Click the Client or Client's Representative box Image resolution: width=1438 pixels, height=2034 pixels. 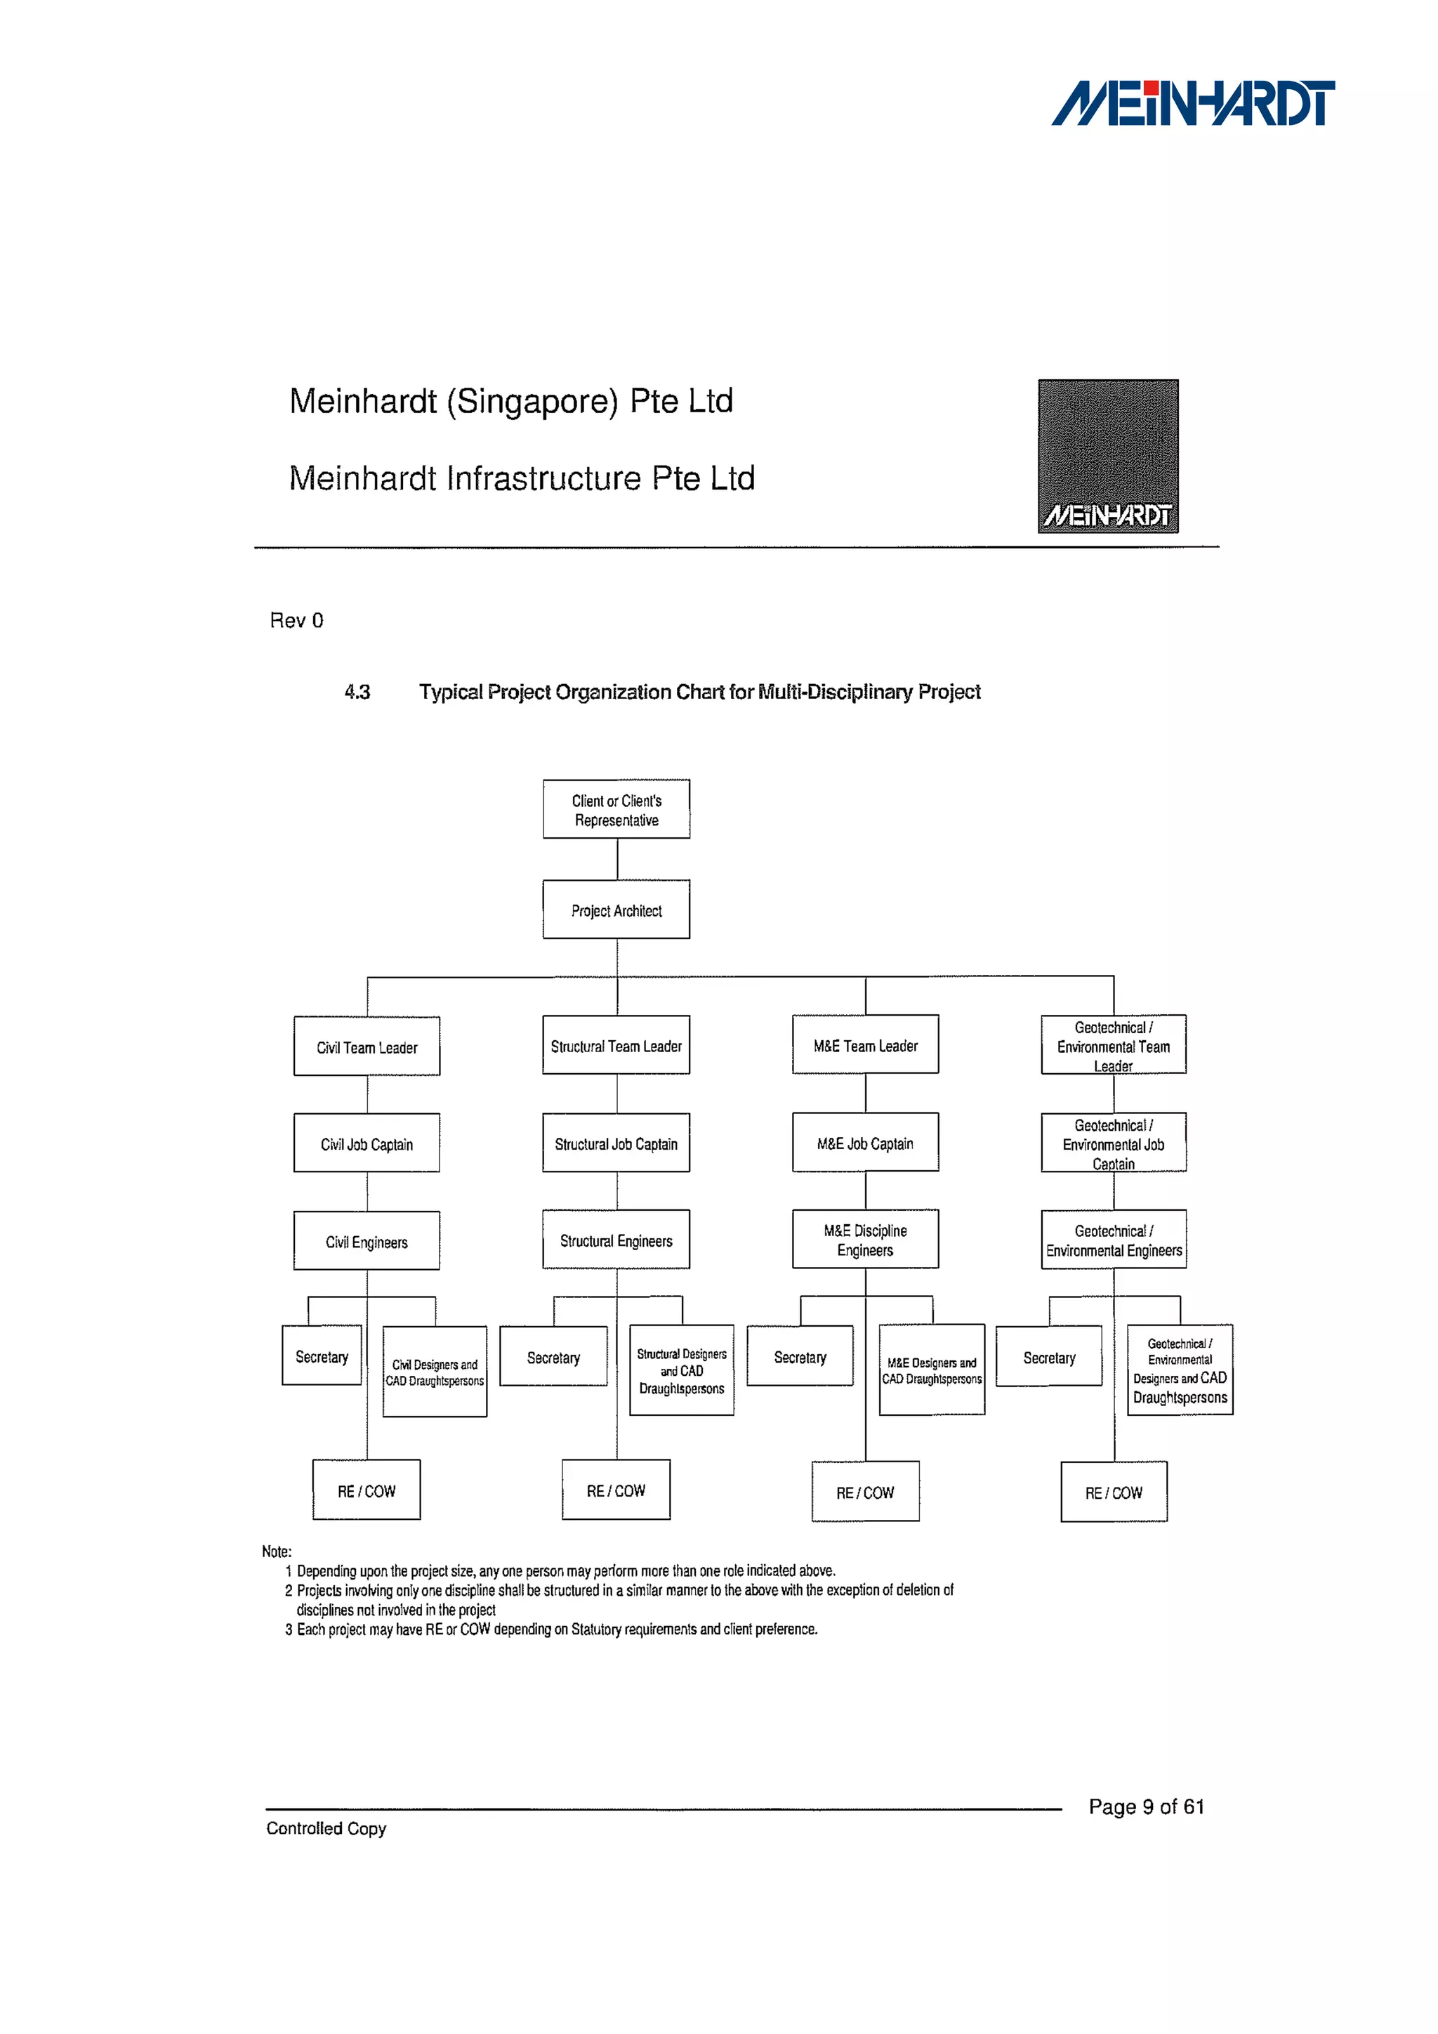pos(616,809)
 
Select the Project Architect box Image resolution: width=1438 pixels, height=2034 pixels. pos(616,910)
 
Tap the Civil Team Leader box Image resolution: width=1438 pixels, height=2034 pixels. pos(367,1046)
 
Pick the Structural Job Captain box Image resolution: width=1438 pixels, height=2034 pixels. pos(616,1143)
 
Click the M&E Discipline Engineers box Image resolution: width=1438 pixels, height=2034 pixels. pos(865,1240)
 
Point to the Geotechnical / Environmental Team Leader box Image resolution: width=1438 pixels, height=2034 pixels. pos(1113,1045)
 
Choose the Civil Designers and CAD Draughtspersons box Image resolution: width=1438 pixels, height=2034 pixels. pos(435,1372)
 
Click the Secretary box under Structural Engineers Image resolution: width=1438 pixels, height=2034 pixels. pos(553,1356)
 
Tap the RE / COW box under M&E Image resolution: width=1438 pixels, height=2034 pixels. pos(865,1492)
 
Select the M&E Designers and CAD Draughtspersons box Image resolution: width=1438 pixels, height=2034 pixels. pos(932,1370)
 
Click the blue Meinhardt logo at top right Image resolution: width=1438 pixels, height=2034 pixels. pos(1193,104)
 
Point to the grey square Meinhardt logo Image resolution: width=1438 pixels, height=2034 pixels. pos(1108,457)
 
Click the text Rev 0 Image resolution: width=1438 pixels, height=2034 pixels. pos(296,620)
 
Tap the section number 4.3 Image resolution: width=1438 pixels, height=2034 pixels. pos(357,692)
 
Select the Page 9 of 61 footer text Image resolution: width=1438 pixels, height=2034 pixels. pos(1146,1806)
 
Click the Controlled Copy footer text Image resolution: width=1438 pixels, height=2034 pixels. pos(326,1828)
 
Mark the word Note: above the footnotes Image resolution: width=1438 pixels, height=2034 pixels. pos(276,1551)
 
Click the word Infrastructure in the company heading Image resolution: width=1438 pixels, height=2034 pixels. pos(543,478)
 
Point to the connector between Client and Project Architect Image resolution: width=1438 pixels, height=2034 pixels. pos(617,859)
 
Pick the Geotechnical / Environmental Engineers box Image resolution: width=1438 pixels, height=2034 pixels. pos(1113,1240)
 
